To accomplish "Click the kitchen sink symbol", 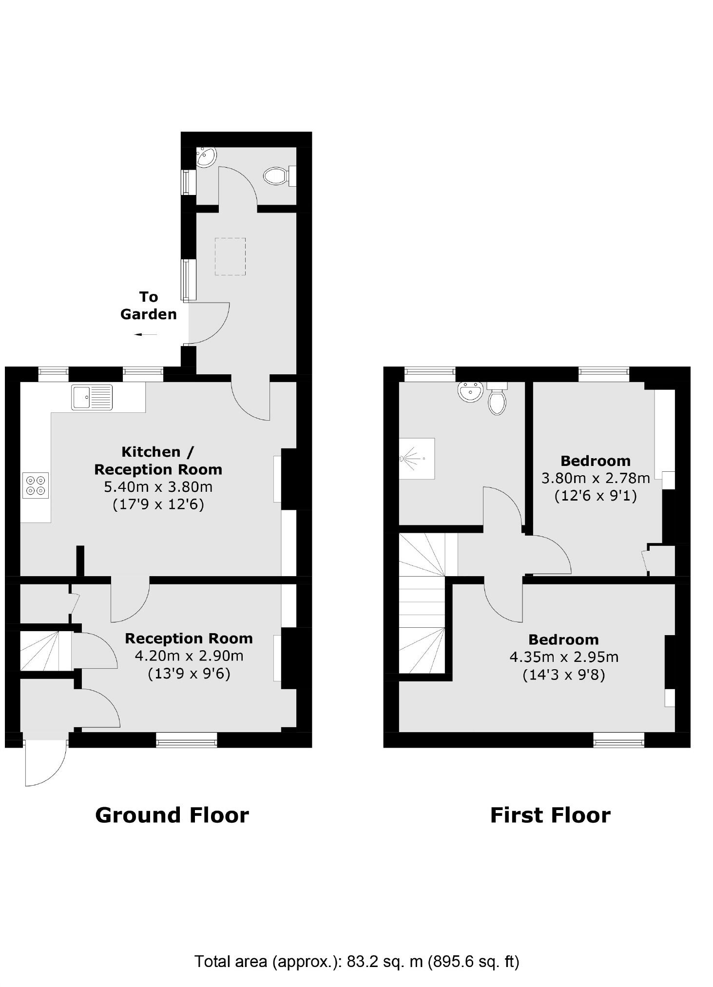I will pos(92,397).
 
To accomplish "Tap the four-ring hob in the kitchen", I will pos(36,485).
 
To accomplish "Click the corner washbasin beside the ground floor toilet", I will pos(205,157).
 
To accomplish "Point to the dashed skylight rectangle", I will pos(230,256).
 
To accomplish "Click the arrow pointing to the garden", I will pos(146,334).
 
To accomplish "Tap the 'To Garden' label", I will pos(149,306).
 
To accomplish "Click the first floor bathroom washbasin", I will pos(471,391).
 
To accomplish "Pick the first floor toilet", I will pos(497,399).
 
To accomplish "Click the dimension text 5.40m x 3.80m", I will pos(158,486).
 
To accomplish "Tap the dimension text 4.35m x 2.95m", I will pos(564,657).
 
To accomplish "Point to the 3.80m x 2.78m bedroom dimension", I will pos(596,478).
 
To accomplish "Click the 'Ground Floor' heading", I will pos(172,815).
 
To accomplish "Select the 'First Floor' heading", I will pos(550,815).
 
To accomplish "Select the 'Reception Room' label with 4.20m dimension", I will pos(189,639).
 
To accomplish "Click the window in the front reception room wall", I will pos(186,739).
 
